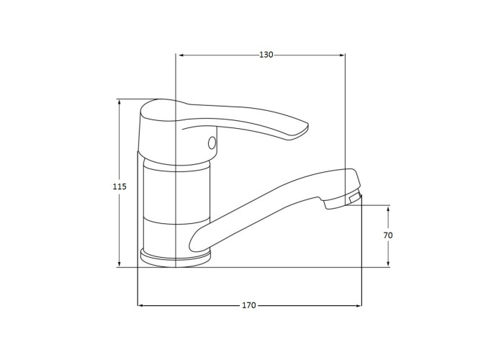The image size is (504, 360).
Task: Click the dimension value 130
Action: pos(266,55)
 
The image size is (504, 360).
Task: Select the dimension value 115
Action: pos(120,186)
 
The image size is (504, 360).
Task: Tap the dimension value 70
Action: pos(388,235)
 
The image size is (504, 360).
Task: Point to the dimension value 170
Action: pos(249,305)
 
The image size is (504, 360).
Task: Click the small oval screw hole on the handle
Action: pos(212,143)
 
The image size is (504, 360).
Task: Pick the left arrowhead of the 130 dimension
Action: pos(181,55)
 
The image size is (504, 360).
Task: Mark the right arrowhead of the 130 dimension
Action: pos(342,55)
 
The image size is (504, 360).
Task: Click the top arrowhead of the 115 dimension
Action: pos(120,102)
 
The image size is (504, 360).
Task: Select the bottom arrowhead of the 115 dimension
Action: pos(120,264)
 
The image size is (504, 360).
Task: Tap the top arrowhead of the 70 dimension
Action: pos(388,209)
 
